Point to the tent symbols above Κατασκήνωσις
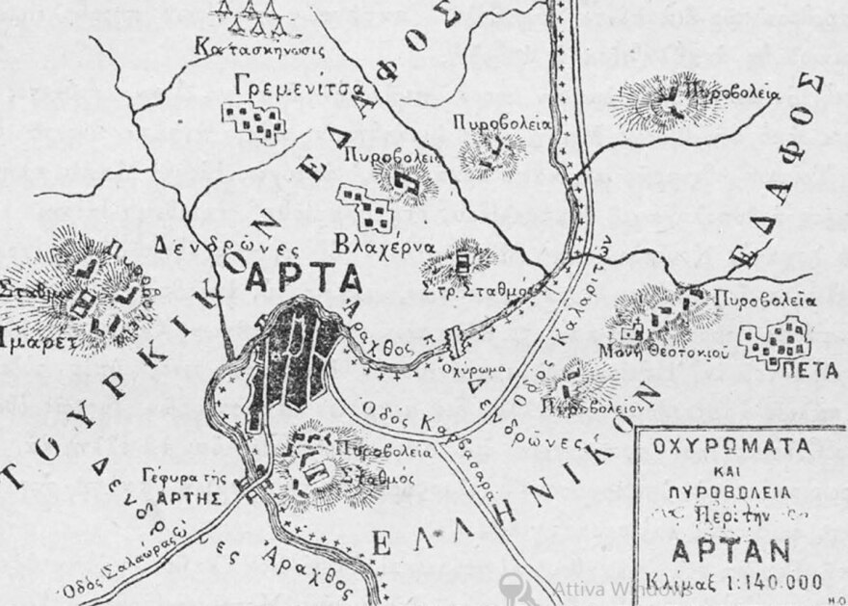point(248,14)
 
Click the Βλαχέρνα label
point(381,242)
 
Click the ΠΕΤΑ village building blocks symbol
point(776,340)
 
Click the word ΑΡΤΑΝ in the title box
point(739,551)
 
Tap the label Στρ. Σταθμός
point(472,287)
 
